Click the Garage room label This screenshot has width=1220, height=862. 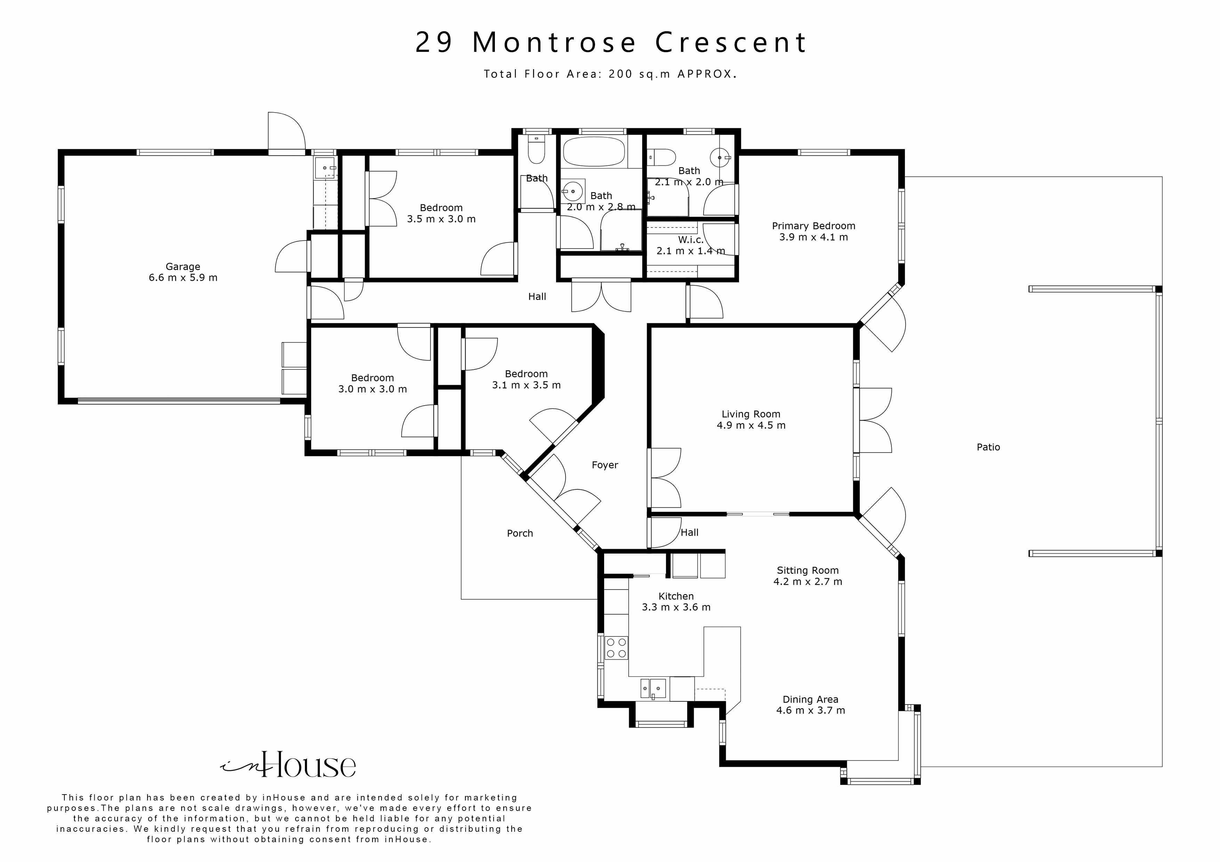tap(183, 267)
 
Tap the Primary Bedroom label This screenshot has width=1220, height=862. tap(813, 226)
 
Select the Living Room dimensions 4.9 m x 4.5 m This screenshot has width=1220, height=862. tap(751, 425)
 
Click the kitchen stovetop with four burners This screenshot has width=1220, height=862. tap(616, 648)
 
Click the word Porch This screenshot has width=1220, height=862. tap(520, 533)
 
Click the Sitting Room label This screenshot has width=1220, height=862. tap(808, 570)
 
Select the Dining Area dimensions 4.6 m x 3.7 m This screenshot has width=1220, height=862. tap(810, 711)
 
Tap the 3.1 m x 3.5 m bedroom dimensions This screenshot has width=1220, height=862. tap(526, 385)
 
